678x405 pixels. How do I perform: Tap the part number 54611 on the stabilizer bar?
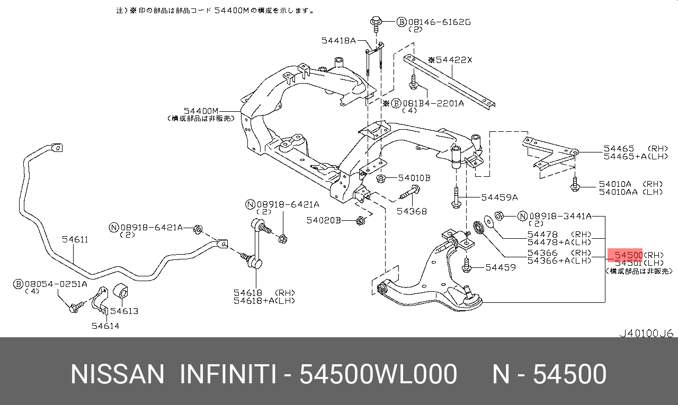coord(75,239)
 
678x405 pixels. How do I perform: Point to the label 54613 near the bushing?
coord(124,311)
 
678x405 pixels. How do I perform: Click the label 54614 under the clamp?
coord(105,326)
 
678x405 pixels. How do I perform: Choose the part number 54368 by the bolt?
coord(412,211)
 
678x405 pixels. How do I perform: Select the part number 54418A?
coord(338,40)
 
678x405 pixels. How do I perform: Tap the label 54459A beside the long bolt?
coord(499,197)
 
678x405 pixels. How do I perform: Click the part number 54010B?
coord(414,178)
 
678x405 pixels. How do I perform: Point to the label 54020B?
coord(324,220)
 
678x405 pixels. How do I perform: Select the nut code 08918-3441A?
coord(561,216)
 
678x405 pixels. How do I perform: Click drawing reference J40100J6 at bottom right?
coord(646,334)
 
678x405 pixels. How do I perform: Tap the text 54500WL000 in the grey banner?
coord(378,374)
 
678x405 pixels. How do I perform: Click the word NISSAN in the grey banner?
coord(118,374)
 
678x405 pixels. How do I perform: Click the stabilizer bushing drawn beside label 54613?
coord(122,293)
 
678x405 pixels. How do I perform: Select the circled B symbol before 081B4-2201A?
coord(396,103)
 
